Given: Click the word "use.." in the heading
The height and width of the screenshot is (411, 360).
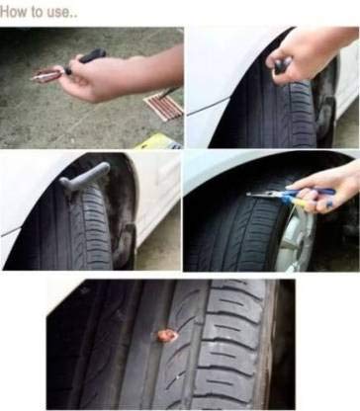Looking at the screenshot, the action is point(61,13).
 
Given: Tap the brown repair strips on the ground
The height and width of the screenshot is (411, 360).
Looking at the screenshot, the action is point(164,105).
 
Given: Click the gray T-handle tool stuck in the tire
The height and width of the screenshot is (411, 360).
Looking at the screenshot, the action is point(85,177).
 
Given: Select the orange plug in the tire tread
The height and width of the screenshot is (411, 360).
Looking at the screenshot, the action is point(165,335).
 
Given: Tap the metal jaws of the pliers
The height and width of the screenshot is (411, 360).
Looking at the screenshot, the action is point(265,196).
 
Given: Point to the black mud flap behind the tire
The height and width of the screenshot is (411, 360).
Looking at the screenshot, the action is point(130,244).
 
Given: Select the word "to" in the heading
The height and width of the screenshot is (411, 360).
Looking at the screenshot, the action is point(38,12).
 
